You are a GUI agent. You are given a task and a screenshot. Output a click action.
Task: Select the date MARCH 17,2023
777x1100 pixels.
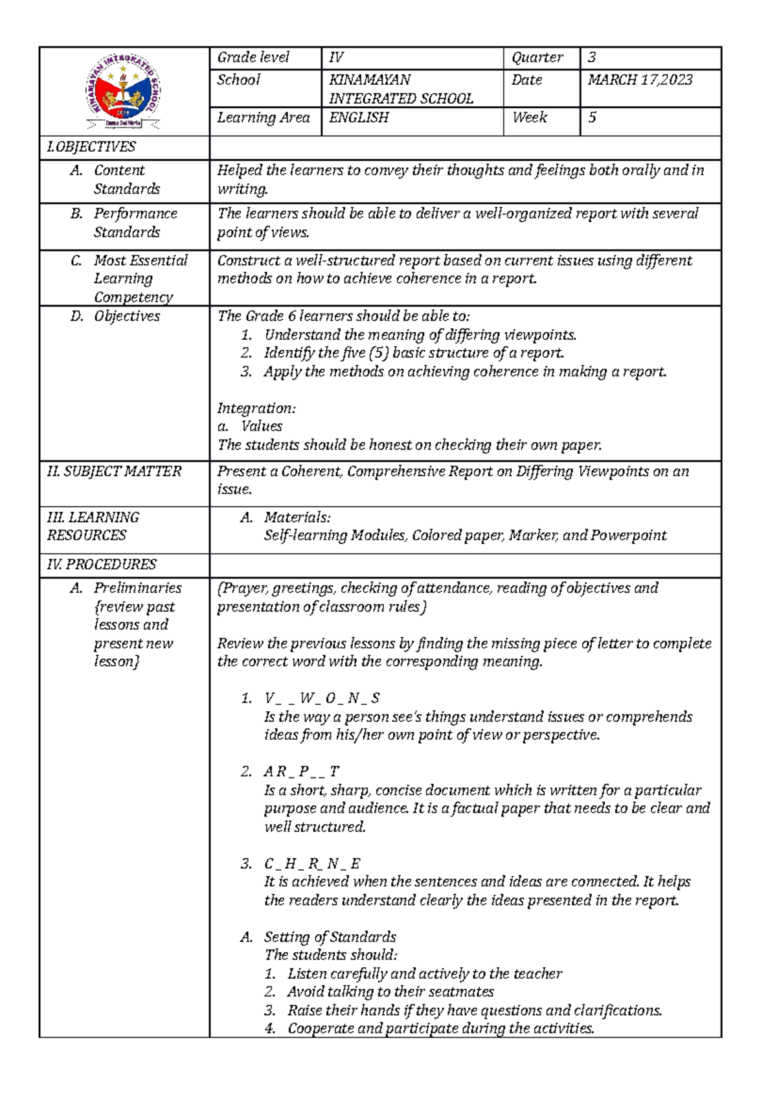(x=640, y=80)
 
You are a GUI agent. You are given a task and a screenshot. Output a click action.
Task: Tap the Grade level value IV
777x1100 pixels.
(x=336, y=58)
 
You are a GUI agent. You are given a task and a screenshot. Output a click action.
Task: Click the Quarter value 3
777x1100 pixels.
(x=591, y=58)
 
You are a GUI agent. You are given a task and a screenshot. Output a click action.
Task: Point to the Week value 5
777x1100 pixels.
(x=592, y=118)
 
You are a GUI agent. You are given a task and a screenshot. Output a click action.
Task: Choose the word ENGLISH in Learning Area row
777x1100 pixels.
(x=359, y=118)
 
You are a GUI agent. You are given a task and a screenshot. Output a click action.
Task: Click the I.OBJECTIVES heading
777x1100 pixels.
(x=91, y=147)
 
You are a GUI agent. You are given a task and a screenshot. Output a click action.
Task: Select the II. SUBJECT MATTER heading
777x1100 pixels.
(x=114, y=471)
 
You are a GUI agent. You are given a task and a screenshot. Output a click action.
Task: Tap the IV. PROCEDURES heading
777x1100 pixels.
(x=102, y=564)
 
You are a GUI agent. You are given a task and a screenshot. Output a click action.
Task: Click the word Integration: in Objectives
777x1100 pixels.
(x=256, y=408)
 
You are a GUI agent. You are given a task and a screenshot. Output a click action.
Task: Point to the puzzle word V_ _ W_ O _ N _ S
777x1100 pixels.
(x=322, y=698)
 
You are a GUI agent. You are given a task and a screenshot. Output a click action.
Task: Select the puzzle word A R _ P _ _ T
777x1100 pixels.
(x=301, y=772)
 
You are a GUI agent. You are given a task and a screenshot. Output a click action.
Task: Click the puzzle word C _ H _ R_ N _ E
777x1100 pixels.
(x=312, y=864)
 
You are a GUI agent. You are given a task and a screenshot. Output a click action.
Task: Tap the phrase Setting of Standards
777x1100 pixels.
(x=330, y=937)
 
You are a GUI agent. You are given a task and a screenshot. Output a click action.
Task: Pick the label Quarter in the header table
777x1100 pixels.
(x=537, y=58)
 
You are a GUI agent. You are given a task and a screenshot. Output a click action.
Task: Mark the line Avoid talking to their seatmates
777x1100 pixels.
(x=390, y=992)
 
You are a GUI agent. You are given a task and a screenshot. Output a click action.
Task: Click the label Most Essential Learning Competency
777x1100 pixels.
(x=140, y=279)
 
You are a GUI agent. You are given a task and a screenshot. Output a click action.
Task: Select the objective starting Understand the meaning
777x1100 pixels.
(x=420, y=335)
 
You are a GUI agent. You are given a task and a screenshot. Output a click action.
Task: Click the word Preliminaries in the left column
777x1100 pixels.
(x=137, y=588)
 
